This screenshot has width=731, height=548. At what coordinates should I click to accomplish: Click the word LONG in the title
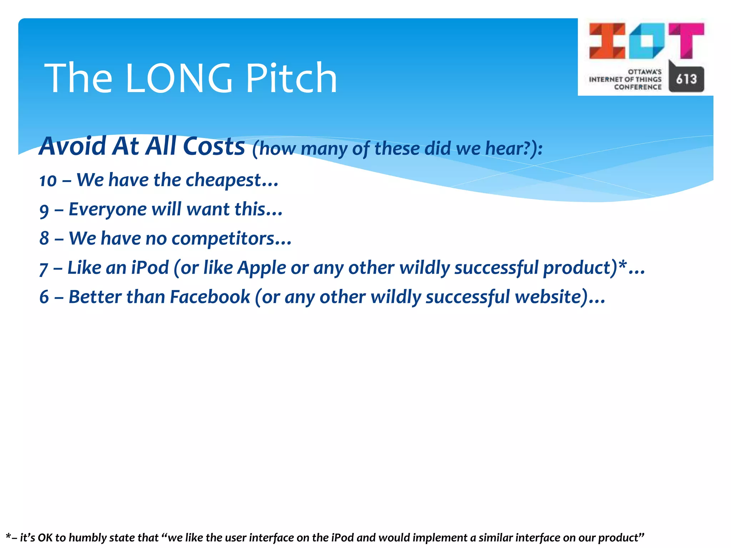click(x=178, y=78)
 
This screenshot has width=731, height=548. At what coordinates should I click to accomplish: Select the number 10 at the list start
click(x=48, y=181)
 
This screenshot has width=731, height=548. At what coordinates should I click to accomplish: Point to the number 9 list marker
click(x=44, y=210)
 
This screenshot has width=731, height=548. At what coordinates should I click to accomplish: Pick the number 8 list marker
click(x=44, y=239)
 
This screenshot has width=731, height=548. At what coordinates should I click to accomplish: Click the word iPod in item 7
click(x=150, y=268)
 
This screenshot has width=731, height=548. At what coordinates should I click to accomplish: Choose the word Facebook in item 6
click(x=210, y=297)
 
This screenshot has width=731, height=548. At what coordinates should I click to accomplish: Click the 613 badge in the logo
click(x=686, y=79)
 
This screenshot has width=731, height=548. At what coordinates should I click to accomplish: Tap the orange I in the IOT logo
click(x=607, y=41)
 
